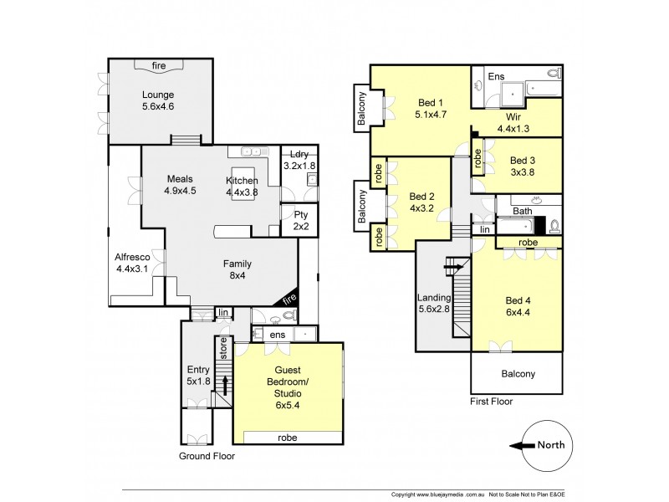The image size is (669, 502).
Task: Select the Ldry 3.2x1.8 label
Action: [299, 160]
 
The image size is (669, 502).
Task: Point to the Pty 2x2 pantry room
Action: [300, 220]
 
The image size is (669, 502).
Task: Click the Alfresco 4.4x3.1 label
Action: [134, 263]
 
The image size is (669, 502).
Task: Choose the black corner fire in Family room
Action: [289, 299]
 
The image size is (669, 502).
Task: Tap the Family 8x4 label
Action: [236, 270]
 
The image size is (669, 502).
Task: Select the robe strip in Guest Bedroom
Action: [289, 437]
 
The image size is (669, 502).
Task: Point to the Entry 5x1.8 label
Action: [200, 376]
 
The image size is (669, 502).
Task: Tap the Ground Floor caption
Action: [207, 457]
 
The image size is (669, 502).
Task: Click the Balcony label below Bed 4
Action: [518, 374]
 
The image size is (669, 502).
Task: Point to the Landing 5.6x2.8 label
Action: [436, 304]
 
